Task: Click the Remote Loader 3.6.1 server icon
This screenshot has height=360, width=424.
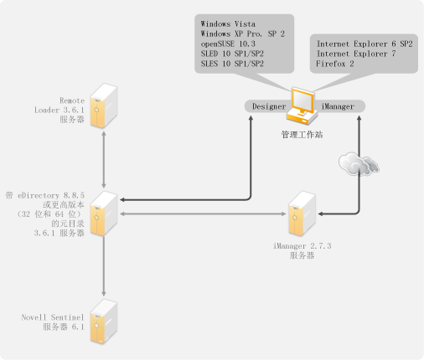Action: click(x=104, y=105)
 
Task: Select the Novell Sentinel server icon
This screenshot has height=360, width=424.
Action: click(x=104, y=321)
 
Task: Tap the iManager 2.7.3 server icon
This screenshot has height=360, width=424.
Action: click(x=302, y=213)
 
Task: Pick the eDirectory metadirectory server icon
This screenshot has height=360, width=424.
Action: click(x=104, y=213)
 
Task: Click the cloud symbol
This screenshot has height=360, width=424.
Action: click(x=359, y=164)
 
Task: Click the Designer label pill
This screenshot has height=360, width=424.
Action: click(x=268, y=106)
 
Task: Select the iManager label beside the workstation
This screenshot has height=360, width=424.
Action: click(x=338, y=106)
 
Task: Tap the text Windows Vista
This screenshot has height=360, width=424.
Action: click(x=228, y=24)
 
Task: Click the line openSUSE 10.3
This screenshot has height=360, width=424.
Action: click(x=228, y=44)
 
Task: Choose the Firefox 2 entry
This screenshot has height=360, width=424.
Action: click(x=335, y=64)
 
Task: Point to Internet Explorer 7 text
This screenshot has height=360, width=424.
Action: click(x=356, y=54)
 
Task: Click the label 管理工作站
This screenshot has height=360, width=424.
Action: click(x=302, y=135)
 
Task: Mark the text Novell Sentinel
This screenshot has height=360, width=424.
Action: click(x=53, y=317)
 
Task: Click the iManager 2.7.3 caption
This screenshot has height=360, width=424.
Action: click(x=302, y=246)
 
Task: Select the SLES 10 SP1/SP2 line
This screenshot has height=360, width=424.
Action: click(x=232, y=64)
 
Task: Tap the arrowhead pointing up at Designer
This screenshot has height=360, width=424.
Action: click(x=251, y=118)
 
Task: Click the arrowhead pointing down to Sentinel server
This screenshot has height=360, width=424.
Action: click(x=104, y=294)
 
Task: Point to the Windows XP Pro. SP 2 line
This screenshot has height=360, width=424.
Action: click(x=242, y=33)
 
